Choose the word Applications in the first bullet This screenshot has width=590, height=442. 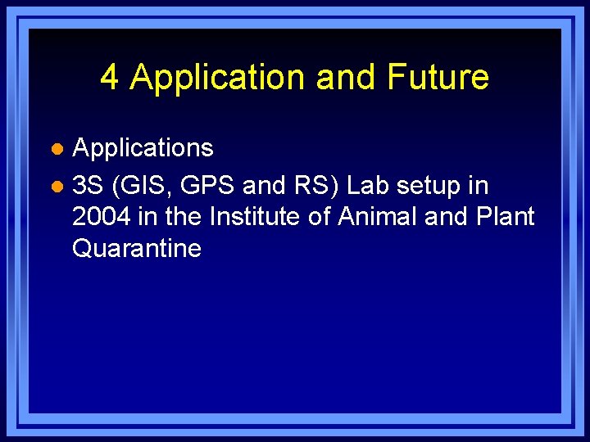[x=143, y=148]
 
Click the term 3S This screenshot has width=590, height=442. [x=88, y=186]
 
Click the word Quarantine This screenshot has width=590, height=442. [x=136, y=248]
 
